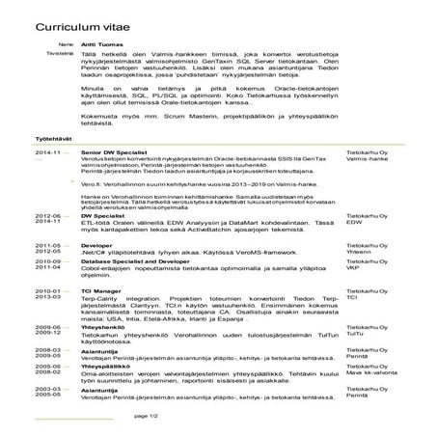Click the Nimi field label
coord(66,45)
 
